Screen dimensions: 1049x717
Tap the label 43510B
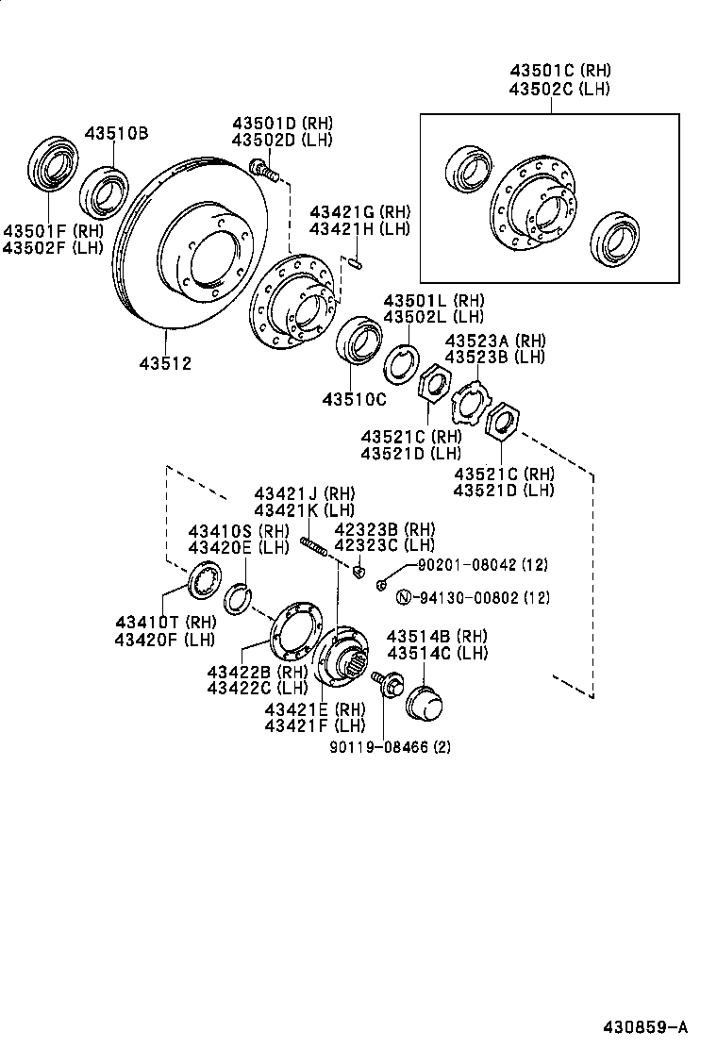click(117, 133)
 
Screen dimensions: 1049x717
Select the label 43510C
click(354, 399)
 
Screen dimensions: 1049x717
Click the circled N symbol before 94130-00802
click(403, 597)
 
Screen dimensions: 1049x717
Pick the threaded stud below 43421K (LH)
click(313, 546)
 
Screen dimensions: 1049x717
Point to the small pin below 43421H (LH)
click(352, 261)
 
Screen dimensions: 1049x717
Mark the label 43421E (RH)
click(314, 708)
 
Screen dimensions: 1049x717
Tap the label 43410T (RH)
click(165, 622)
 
